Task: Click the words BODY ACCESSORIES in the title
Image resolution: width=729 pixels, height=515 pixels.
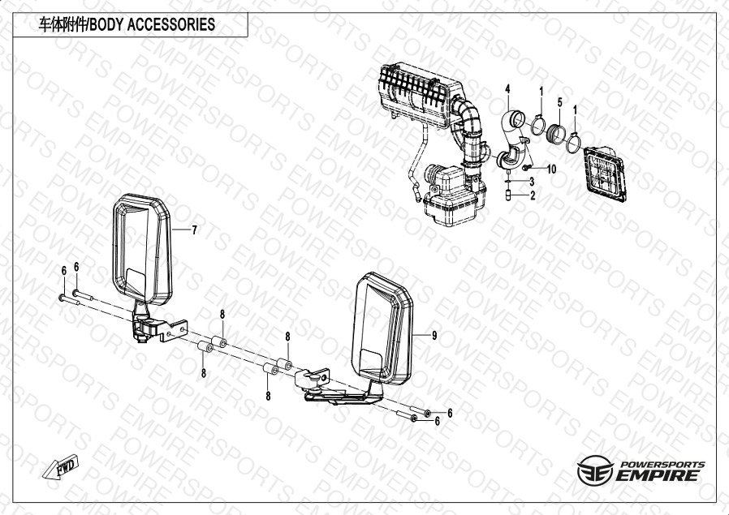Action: click(152, 24)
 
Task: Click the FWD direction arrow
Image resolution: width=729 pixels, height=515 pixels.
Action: click(61, 466)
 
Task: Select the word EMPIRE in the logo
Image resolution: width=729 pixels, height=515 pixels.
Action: click(658, 475)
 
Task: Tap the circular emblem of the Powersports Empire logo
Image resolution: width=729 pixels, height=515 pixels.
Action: click(594, 470)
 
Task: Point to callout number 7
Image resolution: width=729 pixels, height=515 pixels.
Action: click(194, 230)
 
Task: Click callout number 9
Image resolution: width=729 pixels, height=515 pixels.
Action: click(434, 335)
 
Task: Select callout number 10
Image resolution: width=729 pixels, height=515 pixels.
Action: click(551, 169)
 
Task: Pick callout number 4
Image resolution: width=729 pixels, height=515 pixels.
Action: click(507, 88)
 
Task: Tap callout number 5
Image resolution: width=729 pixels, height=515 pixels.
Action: click(560, 101)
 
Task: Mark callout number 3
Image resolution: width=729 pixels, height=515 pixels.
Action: click(532, 182)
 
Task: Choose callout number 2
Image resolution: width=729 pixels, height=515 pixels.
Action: click(533, 195)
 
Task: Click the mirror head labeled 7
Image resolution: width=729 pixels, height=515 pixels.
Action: click(142, 249)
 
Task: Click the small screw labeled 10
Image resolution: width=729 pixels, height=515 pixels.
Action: click(526, 167)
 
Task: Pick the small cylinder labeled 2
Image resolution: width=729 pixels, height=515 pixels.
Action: click(508, 195)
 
